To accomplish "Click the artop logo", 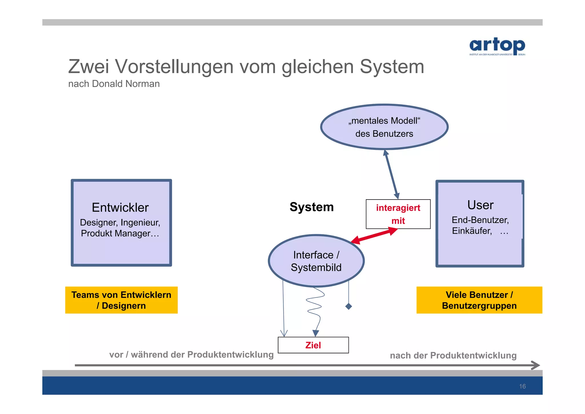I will [497, 46].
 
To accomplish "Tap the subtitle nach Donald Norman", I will [114, 84].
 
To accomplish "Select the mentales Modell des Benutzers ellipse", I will [384, 127].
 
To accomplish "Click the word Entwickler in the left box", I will [120, 208].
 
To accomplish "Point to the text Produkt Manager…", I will [120, 233].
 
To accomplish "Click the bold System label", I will [311, 207].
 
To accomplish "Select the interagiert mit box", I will [398, 214].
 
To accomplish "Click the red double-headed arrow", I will [374, 235].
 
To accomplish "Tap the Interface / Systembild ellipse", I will [316, 261].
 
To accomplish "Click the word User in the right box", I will [480, 205].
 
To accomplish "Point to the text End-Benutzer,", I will [480, 220].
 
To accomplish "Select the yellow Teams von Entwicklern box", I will [121, 300].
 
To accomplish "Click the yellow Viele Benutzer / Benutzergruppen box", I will [479, 300].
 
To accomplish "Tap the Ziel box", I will [313, 345].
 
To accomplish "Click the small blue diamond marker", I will [348, 306].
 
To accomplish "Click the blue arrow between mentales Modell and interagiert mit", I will [391, 174].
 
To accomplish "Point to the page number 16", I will [522, 386].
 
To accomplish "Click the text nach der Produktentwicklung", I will [453, 355].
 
